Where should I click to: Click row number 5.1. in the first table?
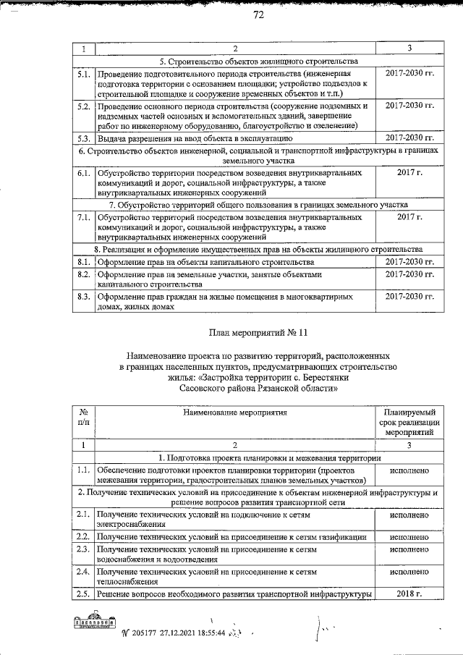coord(83,74)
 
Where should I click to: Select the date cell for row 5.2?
coord(409,106)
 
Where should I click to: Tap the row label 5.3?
coord(83,137)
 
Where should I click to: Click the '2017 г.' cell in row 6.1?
coord(409,173)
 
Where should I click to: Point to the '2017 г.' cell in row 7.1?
coord(409,216)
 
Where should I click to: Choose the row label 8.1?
coord(83,261)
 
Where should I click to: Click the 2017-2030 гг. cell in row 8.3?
coord(409,297)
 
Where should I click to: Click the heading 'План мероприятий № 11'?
coord(258,334)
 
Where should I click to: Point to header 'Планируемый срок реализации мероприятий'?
coord(409,421)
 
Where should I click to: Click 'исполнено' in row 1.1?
coord(409,470)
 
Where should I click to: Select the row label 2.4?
coord(83,572)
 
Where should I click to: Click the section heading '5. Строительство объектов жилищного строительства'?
coord(258,62)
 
